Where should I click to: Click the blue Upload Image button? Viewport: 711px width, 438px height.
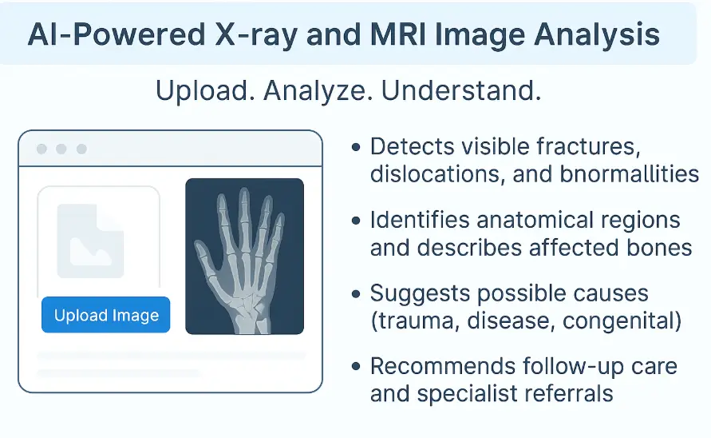105,315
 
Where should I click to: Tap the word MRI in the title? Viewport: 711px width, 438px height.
398,35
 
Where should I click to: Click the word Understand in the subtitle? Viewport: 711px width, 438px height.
461,90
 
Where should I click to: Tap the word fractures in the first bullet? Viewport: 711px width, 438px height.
588,147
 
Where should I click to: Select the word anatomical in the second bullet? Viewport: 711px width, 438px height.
535,220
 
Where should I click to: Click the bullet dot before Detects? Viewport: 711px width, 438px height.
356,147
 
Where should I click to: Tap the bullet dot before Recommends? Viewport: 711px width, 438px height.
356,366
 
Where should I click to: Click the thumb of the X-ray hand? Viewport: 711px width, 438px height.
204,259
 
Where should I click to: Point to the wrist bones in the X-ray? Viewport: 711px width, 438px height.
248,308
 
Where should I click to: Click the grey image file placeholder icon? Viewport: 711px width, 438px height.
90,241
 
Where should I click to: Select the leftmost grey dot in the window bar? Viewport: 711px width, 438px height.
41,149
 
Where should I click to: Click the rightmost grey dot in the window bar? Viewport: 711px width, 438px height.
81,149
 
